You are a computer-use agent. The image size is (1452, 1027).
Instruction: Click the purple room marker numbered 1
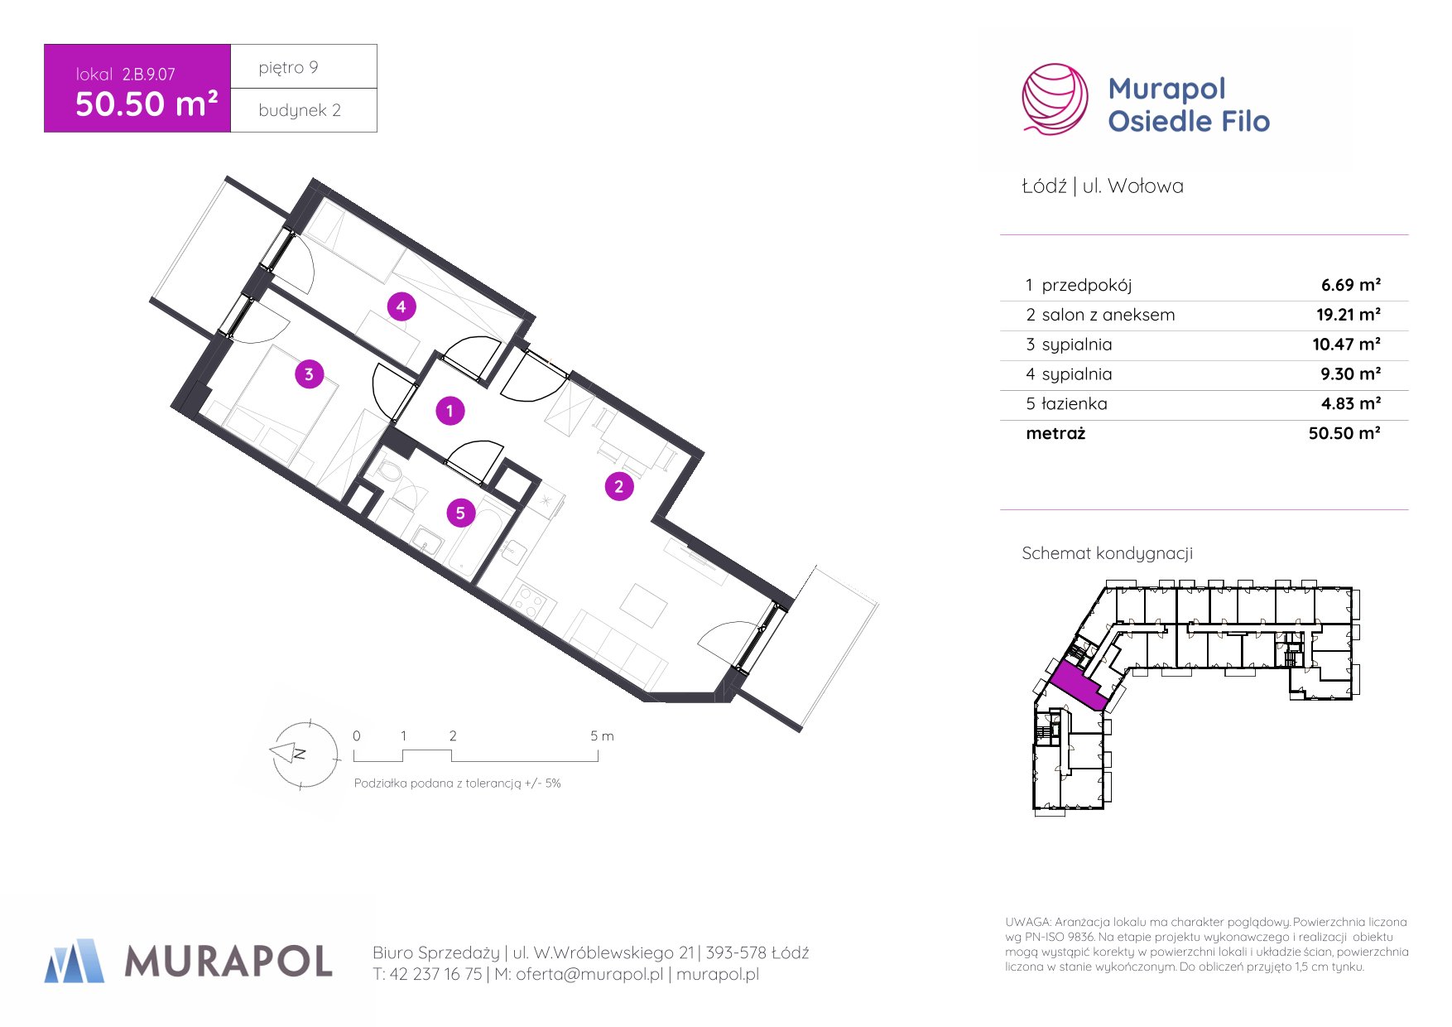click(x=450, y=410)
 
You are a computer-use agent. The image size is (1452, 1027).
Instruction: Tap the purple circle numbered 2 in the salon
click(x=618, y=486)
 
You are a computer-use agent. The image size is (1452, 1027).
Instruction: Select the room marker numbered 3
click(x=309, y=374)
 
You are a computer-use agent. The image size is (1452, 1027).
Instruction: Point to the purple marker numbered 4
click(x=401, y=306)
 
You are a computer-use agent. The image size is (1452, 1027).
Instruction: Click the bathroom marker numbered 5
click(x=460, y=513)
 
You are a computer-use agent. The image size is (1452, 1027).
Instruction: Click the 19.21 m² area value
click(x=1349, y=315)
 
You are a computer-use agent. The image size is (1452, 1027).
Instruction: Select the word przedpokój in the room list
click(x=1086, y=285)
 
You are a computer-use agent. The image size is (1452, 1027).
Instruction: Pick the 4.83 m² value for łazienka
click(x=1351, y=404)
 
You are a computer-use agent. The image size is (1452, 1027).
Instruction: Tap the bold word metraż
click(x=1055, y=433)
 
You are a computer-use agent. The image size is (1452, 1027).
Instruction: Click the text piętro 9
click(x=288, y=67)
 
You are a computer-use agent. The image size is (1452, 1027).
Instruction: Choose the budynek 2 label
click(x=300, y=110)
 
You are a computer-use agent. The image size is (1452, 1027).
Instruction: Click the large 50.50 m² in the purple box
click(x=147, y=104)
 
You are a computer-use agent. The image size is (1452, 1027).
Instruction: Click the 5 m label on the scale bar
click(x=602, y=735)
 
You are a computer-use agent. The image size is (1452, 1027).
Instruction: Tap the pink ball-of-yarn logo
click(x=1055, y=99)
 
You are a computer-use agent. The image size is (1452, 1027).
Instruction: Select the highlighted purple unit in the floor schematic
click(x=1081, y=687)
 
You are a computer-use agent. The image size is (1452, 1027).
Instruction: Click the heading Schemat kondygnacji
click(x=1107, y=553)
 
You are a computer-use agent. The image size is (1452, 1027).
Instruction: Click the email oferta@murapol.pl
click(x=589, y=974)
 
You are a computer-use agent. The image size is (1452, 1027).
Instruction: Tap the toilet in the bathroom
click(x=387, y=473)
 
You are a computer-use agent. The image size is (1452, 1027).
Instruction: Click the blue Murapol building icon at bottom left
click(x=75, y=961)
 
